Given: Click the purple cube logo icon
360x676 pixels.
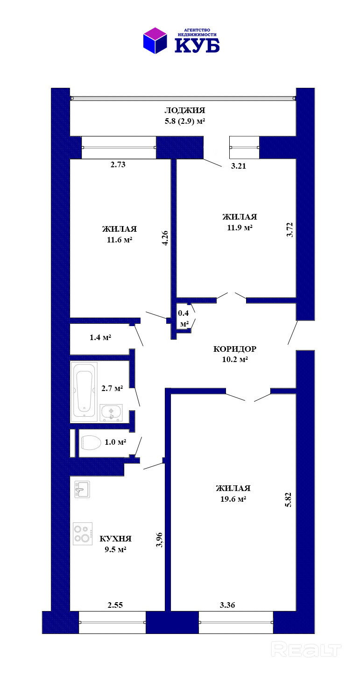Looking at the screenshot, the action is tap(155, 41).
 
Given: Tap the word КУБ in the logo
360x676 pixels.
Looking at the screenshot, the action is tap(197, 46).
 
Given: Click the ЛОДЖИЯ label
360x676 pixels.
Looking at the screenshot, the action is tap(185, 110).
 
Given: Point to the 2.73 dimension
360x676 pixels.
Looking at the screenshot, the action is tap(118, 165).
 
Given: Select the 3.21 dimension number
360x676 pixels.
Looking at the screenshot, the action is tap(239, 166).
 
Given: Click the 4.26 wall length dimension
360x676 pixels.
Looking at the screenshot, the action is tap(165, 238).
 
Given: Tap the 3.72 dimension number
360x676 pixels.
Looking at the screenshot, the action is tap(290, 230).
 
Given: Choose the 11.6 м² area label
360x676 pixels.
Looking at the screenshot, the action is tap(120, 240).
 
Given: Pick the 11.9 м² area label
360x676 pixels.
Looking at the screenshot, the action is tap(240, 228).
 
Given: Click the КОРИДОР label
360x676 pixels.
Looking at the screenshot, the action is tap(235, 349).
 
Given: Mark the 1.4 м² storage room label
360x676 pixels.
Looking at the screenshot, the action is tap(100, 337).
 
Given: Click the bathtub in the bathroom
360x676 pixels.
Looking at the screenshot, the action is tap(84, 391).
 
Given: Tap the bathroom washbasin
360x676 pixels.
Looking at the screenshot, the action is tap(111, 413).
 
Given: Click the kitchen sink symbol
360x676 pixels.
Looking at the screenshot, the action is tap(82, 489).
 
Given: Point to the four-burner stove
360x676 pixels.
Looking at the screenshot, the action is tap(83, 534).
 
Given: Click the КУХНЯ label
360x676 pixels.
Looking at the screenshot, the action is tap(115, 539).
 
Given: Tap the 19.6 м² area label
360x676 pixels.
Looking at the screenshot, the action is tap(233, 499).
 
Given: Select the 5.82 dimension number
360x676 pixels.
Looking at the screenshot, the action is tap(289, 499).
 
